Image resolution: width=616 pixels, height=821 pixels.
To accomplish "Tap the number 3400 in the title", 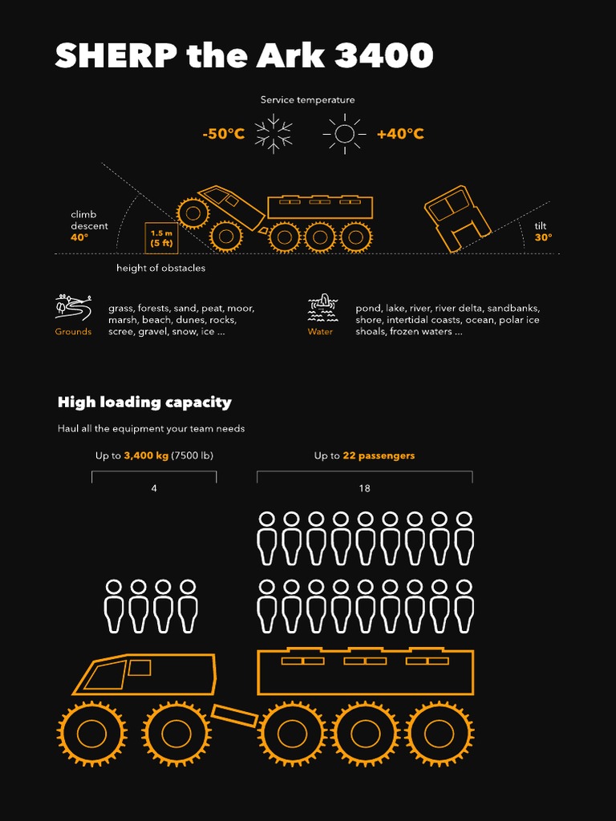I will (x=383, y=56).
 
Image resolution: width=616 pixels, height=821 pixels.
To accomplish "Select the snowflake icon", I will (x=274, y=134).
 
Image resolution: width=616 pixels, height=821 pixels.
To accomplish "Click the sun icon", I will (x=344, y=134).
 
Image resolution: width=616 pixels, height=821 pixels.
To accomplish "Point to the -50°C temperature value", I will (x=223, y=134).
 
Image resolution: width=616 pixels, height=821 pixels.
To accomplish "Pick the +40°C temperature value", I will (x=400, y=134).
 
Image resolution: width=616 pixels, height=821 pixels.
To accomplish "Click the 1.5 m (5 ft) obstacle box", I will (x=161, y=238).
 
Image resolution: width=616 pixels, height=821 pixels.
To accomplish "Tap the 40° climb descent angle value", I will (x=79, y=237).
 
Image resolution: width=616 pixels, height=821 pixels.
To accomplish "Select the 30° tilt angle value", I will (x=543, y=237).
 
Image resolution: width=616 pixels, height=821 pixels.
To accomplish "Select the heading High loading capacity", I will (x=144, y=402).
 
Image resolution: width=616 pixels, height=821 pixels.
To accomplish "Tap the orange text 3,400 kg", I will (x=146, y=455).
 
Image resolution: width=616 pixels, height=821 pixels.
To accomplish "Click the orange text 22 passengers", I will (x=379, y=455).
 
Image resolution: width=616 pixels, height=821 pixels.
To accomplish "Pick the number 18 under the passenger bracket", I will (x=364, y=488).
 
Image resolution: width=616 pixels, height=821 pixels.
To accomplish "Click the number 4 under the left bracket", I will (x=154, y=488).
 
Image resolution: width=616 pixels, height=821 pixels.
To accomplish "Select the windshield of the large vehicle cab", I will (x=105, y=675).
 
